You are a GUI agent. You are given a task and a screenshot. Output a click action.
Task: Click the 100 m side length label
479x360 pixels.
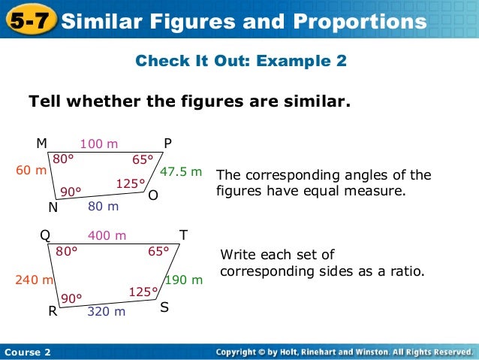pyautogui.click(x=100, y=144)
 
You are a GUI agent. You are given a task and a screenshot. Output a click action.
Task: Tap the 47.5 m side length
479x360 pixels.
pyautogui.click(x=182, y=172)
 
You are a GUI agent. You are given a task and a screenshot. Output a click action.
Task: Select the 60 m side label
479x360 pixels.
pyautogui.click(x=32, y=171)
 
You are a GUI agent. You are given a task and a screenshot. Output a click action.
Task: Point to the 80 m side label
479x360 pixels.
pyautogui.click(x=104, y=205)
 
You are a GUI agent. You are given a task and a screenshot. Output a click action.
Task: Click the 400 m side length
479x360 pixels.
pyautogui.click(x=107, y=236)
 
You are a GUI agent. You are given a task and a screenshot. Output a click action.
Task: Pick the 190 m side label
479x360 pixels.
pyautogui.click(x=184, y=280)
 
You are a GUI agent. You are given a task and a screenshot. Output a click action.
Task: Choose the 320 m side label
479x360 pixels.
pyautogui.click(x=107, y=311)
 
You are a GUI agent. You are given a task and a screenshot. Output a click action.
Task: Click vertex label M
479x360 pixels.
pyautogui.click(x=42, y=144)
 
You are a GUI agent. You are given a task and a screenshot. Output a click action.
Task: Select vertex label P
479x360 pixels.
pyautogui.click(x=168, y=144)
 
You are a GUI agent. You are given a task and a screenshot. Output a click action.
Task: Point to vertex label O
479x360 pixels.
pyautogui.click(x=153, y=195)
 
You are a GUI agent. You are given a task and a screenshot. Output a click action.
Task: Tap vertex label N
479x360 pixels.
pyautogui.click(x=53, y=206)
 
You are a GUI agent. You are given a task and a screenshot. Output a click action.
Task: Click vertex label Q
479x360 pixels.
pyautogui.click(x=45, y=235)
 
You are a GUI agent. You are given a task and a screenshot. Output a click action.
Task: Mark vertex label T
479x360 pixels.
pyautogui.click(x=183, y=235)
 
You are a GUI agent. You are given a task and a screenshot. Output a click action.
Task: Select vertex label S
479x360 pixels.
pyautogui.click(x=164, y=307)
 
